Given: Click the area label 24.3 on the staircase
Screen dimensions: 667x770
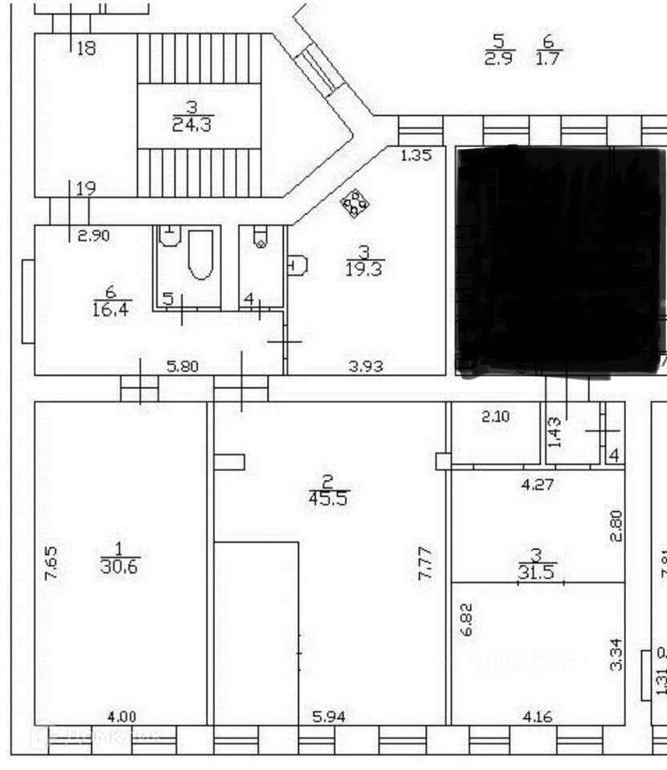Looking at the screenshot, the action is click(x=192, y=124).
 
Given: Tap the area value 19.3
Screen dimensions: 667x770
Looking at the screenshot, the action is click(x=365, y=268).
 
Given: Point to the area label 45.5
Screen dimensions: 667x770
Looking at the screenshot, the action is click(x=328, y=497).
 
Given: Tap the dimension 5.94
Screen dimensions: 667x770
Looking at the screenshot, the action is click(x=329, y=717).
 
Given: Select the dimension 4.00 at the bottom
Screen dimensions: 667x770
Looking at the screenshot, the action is click(x=120, y=717).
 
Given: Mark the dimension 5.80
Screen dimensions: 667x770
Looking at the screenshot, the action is click(x=183, y=367).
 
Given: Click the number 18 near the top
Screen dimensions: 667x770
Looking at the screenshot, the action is click(x=86, y=48).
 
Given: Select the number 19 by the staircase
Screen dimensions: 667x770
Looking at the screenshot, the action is click(x=86, y=189).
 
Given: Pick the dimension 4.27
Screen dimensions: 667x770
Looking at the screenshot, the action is click(x=537, y=484).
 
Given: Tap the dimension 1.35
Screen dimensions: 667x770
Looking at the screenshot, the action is click(x=415, y=156).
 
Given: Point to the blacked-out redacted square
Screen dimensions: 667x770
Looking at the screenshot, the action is click(x=557, y=261).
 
